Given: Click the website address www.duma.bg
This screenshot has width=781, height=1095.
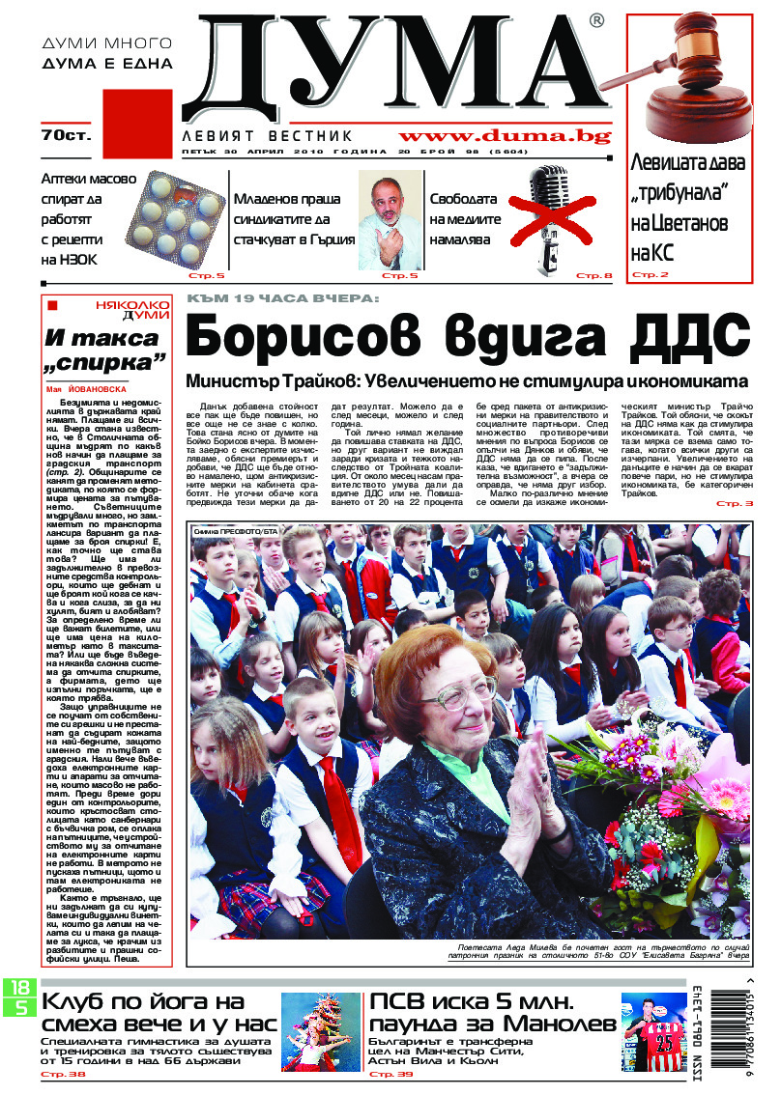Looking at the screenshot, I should tap(505, 136).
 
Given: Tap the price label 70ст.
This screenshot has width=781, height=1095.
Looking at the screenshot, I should tap(66, 136).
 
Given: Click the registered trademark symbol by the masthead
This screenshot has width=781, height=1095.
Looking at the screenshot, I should tap(596, 19).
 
